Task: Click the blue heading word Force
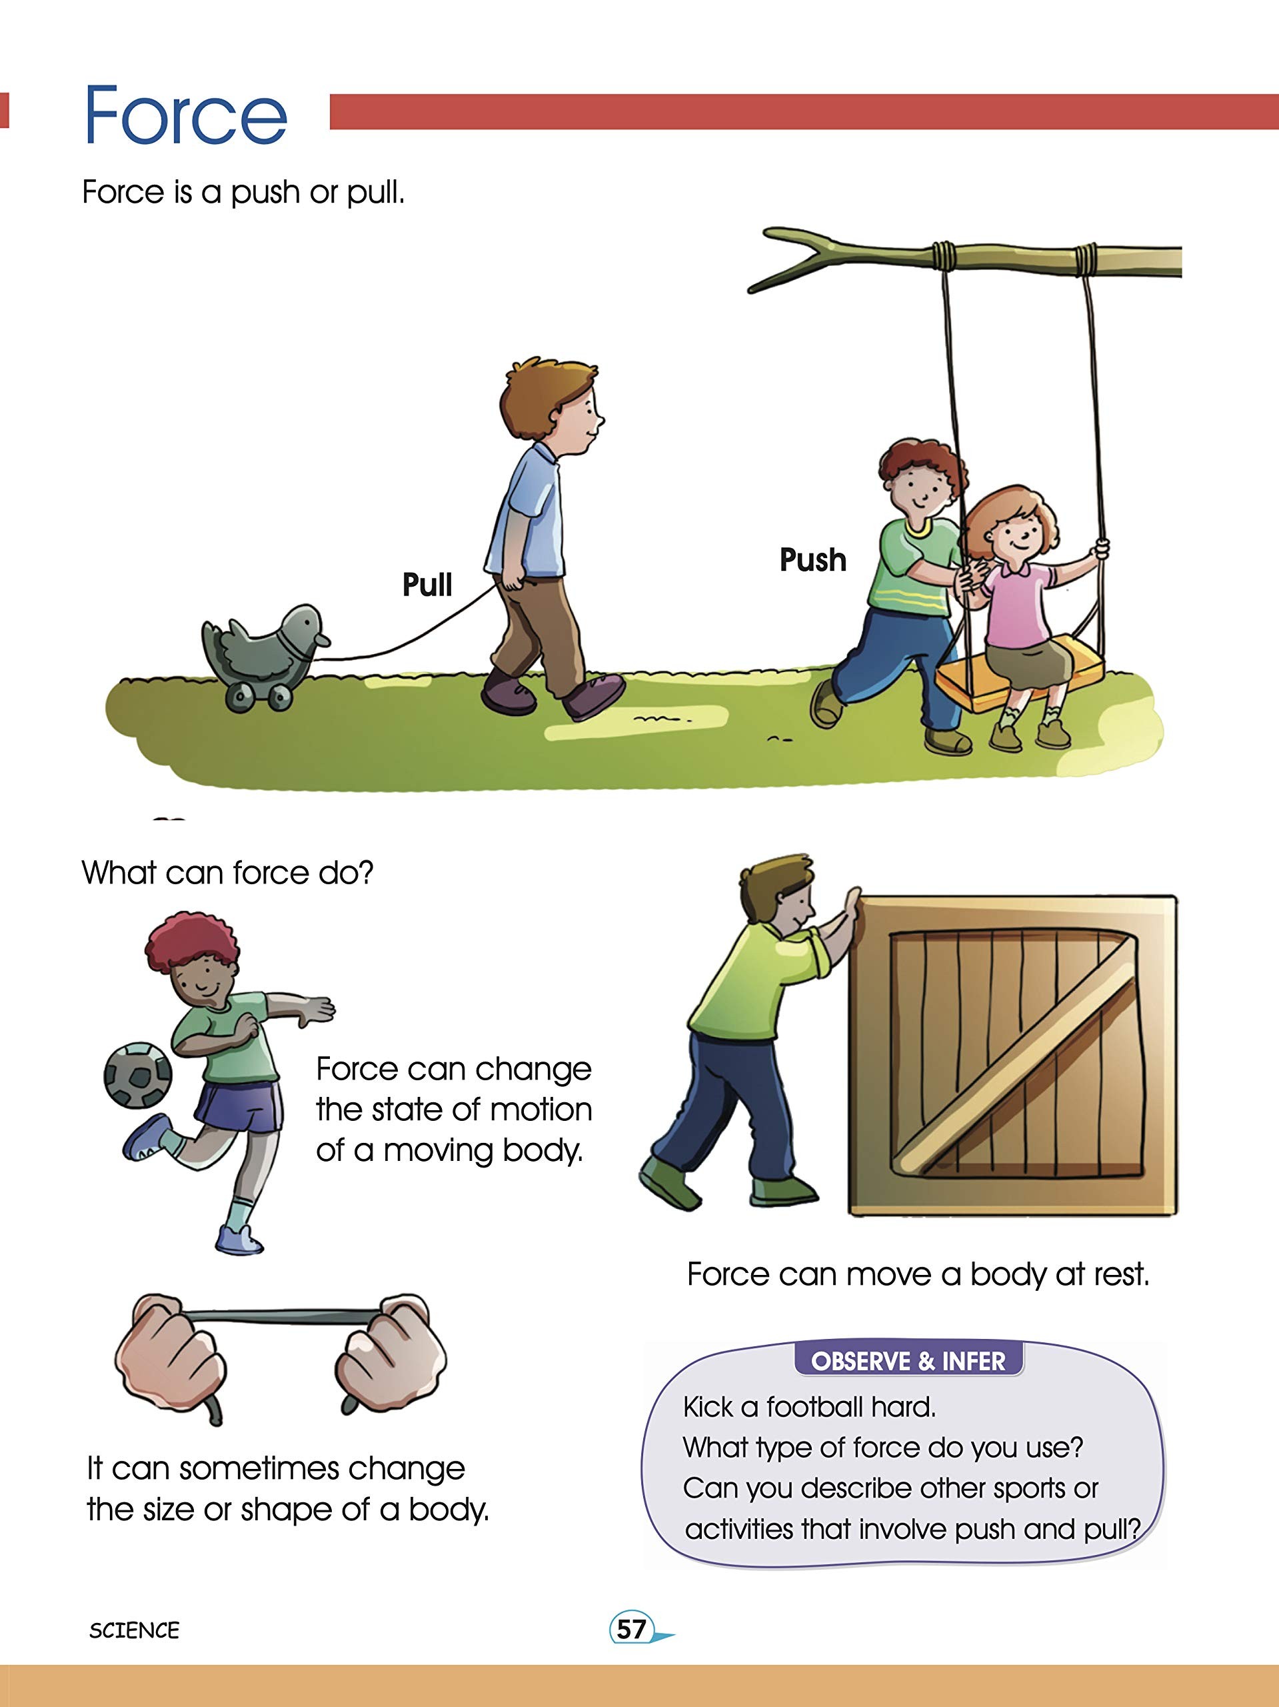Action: (185, 116)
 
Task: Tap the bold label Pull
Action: (427, 584)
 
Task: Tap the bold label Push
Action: (813, 559)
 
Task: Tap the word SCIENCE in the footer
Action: (134, 1630)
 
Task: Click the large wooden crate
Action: (1012, 1055)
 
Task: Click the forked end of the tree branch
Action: (794, 259)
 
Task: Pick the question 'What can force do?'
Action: (227, 873)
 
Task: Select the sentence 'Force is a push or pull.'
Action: (243, 192)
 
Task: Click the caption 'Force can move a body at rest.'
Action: (918, 1274)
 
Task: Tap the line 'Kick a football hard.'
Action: (809, 1407)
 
